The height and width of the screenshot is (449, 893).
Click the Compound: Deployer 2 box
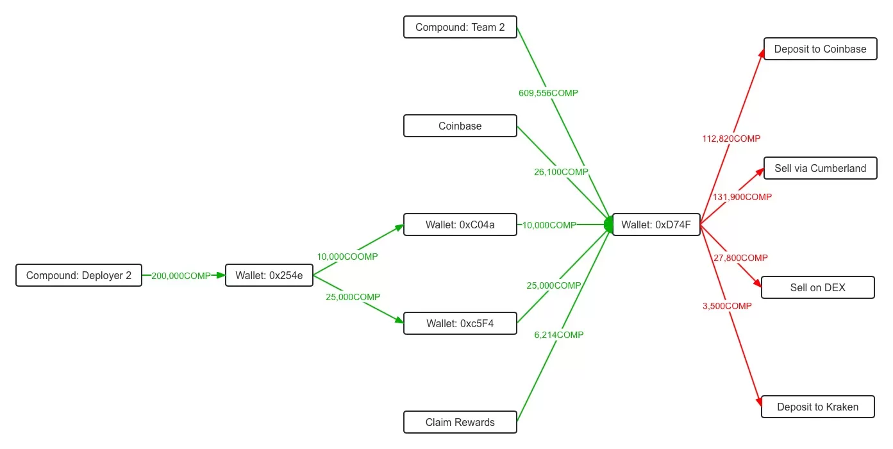(79, 276)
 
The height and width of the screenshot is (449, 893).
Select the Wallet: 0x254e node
(269, 276)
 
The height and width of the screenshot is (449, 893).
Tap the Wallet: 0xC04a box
(460, 225)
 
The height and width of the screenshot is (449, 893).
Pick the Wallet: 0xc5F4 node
(460, 323)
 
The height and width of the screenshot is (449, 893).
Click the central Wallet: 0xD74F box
(656, 224)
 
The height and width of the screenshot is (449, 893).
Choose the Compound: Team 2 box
(460, 27)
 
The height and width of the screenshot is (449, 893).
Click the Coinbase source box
(460, 126)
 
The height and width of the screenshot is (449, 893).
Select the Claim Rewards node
(460, 422)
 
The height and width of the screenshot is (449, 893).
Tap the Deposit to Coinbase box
(820, 49)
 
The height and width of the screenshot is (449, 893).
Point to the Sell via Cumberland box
(820, 168)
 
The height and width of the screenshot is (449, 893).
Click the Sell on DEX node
(817, 287)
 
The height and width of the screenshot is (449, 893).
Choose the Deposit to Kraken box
(817, 407)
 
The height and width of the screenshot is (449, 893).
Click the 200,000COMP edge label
(181, 276)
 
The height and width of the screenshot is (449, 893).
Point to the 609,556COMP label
(548, 93)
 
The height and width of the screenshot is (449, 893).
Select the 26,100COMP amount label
(561, 172)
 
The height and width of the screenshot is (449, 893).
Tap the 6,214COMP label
(559, 335)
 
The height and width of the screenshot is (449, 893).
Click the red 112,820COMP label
(731, 139)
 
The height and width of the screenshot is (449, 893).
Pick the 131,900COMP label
(742, 197)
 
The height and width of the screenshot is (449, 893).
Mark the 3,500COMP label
(727, 306)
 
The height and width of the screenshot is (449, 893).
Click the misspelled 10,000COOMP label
(347, 257)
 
